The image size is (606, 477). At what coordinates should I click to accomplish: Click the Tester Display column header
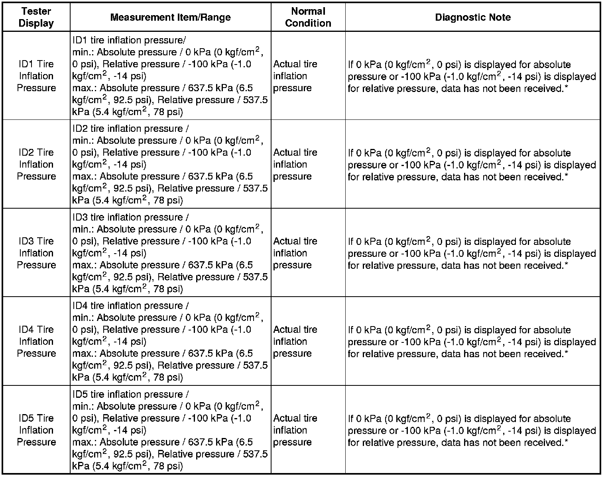pos(36,17)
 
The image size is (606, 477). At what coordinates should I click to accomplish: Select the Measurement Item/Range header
pos(170,17)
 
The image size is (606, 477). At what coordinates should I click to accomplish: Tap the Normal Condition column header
pos(308,17)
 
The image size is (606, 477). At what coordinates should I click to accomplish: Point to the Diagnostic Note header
pos(472,17)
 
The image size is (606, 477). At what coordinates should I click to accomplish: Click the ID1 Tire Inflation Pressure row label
pos(36,76)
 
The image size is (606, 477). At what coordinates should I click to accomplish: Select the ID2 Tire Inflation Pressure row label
pos(36,164)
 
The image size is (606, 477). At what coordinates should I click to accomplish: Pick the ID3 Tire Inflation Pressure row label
pos(36,253)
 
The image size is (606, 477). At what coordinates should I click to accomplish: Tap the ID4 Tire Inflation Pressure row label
pos(36,341)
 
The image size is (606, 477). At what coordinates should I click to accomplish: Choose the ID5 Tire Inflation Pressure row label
pos(36,430)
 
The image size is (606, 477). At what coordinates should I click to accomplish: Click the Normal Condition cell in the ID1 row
pos(295,76)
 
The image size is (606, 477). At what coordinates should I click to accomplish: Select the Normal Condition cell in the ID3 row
pos(295,253)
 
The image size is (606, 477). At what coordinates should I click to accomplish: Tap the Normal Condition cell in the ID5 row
pos(295,430)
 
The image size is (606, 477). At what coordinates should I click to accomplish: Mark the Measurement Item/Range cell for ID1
pos(170,76)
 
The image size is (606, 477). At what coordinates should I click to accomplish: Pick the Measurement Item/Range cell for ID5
pos(170,430)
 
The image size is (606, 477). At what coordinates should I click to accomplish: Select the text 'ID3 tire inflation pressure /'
pos(130,217)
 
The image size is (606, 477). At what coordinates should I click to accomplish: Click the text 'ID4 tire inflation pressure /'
pos(130,306)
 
